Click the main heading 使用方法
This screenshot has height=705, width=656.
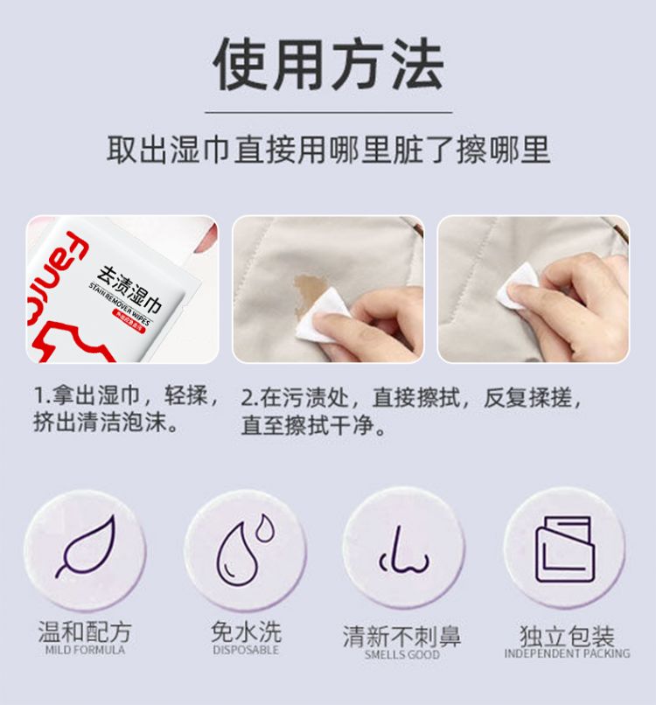[329, 64]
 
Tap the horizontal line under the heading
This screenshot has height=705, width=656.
[329, 112]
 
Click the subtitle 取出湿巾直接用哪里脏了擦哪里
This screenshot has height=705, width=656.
[329, 150]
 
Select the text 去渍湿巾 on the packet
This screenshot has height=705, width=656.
[130, 290]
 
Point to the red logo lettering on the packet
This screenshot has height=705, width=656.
[52, 278]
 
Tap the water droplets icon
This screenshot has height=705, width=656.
[245, 549]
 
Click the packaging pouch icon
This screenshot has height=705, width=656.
[565, 549]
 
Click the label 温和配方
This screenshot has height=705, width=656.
[85, 632]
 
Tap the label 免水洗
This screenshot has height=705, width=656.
[246, 632]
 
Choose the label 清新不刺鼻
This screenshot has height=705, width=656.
[402, 637]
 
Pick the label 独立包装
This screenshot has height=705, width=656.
[567, 636]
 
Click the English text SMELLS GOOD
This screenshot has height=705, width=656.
[402, 654]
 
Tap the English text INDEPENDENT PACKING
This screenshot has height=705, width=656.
[567, 653]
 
